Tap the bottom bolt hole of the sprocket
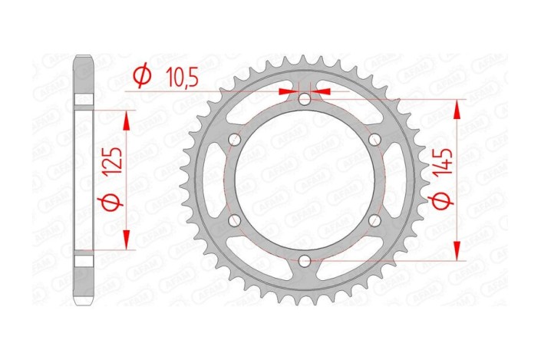click(305, 261)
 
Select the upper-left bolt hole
click(235, 140)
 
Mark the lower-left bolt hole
click(235, 220)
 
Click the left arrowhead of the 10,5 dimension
click(287, 91)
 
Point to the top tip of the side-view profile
click(84, 57)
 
